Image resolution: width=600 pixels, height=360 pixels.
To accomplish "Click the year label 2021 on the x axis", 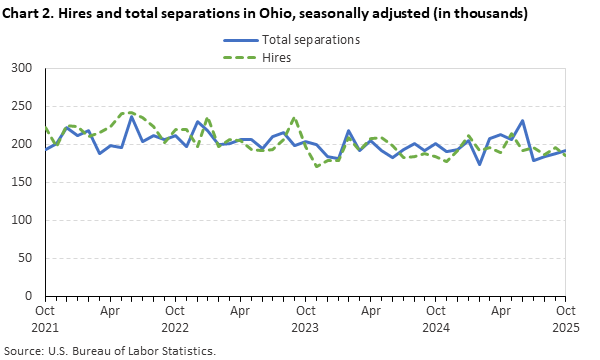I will (43, 327).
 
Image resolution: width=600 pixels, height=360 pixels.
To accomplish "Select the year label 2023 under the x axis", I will (305, 327).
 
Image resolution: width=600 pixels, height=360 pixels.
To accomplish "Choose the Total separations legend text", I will (310, 41).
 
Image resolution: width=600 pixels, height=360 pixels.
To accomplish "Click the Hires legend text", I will (277, 58).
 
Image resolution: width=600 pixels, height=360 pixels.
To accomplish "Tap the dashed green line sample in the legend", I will (238, 58).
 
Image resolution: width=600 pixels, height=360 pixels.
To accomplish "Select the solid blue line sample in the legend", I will (238, 41).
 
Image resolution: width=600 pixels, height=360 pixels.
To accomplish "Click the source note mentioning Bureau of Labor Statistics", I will (112, 351).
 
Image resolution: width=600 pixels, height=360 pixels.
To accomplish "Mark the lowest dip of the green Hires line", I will (318, 166).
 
